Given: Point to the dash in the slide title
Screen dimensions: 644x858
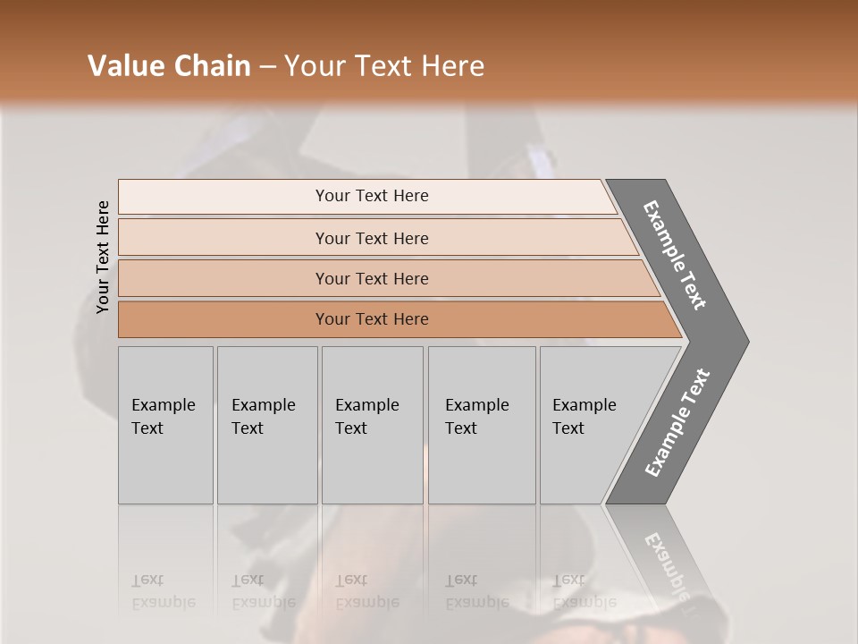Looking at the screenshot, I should [x=267, y=67].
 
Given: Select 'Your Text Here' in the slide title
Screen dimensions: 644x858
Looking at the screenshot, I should [x=383, y=66].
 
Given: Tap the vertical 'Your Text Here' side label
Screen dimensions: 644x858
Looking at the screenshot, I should [x=103, y=258].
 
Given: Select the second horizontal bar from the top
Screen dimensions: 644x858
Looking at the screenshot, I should [x=371, y=238].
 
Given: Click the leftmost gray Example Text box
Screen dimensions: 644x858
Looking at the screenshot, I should [x=165, y=425].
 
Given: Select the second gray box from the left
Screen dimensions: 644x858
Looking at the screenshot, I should [x=267, y=425].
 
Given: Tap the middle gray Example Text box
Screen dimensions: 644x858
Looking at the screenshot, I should [x=372, y=425].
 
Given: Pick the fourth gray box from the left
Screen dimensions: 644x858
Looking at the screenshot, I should [x=482, y=425].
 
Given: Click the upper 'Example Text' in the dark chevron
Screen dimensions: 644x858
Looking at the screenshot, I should [x=676, y=256].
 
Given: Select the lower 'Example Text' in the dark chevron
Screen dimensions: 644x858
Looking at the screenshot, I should [x=677, y=422].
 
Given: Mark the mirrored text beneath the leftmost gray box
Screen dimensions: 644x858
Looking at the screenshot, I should [x=164, y=591].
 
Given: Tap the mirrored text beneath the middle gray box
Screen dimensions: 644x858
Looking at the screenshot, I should [x=367, y=591].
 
